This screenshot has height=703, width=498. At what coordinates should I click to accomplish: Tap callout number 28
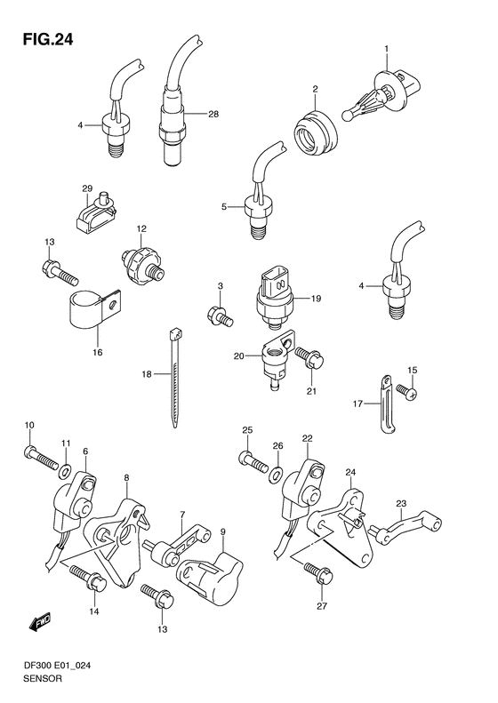coord(213,114)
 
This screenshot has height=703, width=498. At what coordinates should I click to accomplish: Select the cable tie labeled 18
coord(172,378)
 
